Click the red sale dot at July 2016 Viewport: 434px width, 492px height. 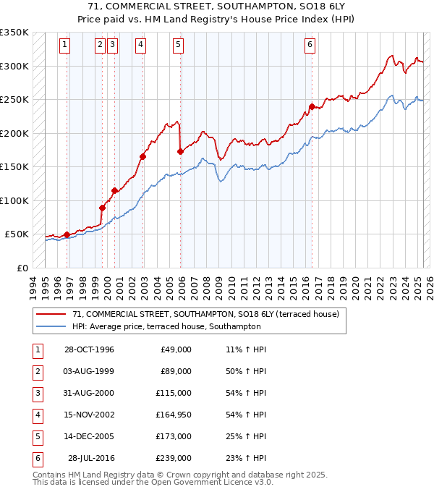[x=312, y=107]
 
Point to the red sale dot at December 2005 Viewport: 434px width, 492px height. [x=180, y=151]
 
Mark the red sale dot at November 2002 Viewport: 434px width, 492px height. [x=142, y=156]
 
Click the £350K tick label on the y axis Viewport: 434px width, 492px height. [x=14, y=33]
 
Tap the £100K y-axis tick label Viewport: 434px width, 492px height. [x=14, y=200]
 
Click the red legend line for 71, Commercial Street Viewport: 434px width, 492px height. [x=51, y=314]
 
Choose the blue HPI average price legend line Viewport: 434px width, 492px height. [x=51, y=326]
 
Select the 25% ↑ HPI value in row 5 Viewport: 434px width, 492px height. [x=247, y=436]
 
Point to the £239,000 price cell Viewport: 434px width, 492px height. [x=176, y=458]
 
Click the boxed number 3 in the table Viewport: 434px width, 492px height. [x=36, y=393]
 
